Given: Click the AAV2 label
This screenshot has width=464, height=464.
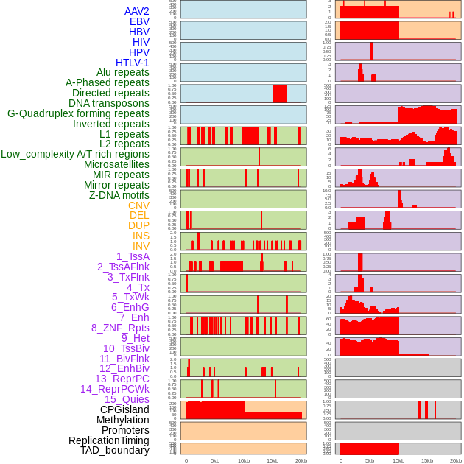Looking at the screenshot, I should [136, 11].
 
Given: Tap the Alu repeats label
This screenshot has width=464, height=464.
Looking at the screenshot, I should [122, 72].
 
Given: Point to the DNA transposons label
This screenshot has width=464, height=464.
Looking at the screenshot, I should [108, 103].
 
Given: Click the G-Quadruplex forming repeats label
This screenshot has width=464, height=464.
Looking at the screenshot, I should [78, 113].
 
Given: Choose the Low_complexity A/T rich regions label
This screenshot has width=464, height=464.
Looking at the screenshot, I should [75, 154].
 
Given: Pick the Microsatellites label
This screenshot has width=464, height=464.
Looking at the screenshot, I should [116, 164].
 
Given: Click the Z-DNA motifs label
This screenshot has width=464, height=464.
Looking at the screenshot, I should [119, 195].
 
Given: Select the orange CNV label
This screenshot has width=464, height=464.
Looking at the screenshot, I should [138, 205].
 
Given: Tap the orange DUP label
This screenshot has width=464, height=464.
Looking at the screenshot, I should [138, 225].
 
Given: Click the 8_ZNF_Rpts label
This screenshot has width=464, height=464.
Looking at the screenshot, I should [120, 328].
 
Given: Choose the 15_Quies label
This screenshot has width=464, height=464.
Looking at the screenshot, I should [127, 399].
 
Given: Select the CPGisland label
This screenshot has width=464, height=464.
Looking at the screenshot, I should [124, 409].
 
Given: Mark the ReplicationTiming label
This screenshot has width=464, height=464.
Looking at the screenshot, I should [108, 440].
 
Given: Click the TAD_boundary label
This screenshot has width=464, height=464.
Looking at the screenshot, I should [114, 450].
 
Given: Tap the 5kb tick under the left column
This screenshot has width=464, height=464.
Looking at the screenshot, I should [215, 460].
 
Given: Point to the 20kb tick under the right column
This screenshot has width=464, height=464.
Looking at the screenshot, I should [456, 460].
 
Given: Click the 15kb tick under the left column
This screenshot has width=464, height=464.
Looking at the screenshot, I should [273, 460].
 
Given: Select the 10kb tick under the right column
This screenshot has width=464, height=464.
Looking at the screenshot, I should [398, 460].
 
